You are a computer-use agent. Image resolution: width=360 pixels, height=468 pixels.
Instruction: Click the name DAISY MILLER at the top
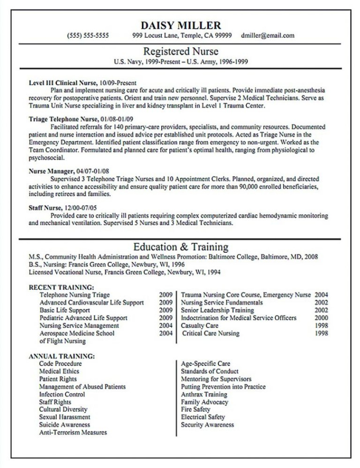coord(181,25)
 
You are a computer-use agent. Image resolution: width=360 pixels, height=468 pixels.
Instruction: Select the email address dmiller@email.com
coord(268,35)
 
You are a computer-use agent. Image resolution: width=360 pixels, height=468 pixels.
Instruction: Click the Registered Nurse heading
coord(180,51)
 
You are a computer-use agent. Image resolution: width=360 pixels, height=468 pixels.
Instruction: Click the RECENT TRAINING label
coord(62,287)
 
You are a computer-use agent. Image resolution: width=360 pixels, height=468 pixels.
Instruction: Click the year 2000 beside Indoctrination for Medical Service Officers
coord(321,318)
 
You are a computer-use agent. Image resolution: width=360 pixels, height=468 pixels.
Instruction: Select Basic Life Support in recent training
coord(65,310)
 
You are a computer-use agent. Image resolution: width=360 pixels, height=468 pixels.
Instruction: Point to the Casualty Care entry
coord(199,326)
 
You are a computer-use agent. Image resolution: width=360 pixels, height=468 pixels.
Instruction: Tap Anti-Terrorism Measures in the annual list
coord(73,433)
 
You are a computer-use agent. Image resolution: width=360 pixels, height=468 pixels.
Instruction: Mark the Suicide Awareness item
coord(65,425)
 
